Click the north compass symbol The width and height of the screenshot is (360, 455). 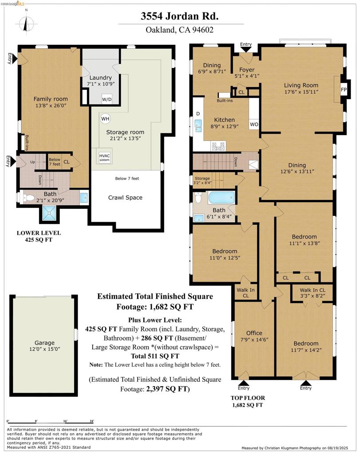[26, 24]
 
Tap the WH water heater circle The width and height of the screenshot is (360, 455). [105, 119]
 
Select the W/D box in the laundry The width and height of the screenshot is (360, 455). [107, 99]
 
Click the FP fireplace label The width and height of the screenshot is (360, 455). [344, 90]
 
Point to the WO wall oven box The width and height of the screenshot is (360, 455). [254, 124]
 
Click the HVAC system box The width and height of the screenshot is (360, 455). [104, 158]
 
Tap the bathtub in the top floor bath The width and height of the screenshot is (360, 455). [222, 198]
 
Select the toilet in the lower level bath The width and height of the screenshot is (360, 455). [28, 198]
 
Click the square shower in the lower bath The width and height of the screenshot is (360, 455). [49, 213]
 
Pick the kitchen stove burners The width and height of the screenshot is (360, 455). [218, 146]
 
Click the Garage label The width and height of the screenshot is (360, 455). [44, 343]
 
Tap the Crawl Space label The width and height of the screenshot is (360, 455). [125, 198]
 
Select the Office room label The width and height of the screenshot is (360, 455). [254, 333]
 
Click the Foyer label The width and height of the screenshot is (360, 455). [247, 70]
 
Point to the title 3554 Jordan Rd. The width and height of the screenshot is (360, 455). [180, 16]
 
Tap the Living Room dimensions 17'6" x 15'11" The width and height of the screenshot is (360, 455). [301, 92]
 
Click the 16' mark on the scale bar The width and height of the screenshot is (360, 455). [65, 421]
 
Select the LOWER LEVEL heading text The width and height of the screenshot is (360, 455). [39, 233]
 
